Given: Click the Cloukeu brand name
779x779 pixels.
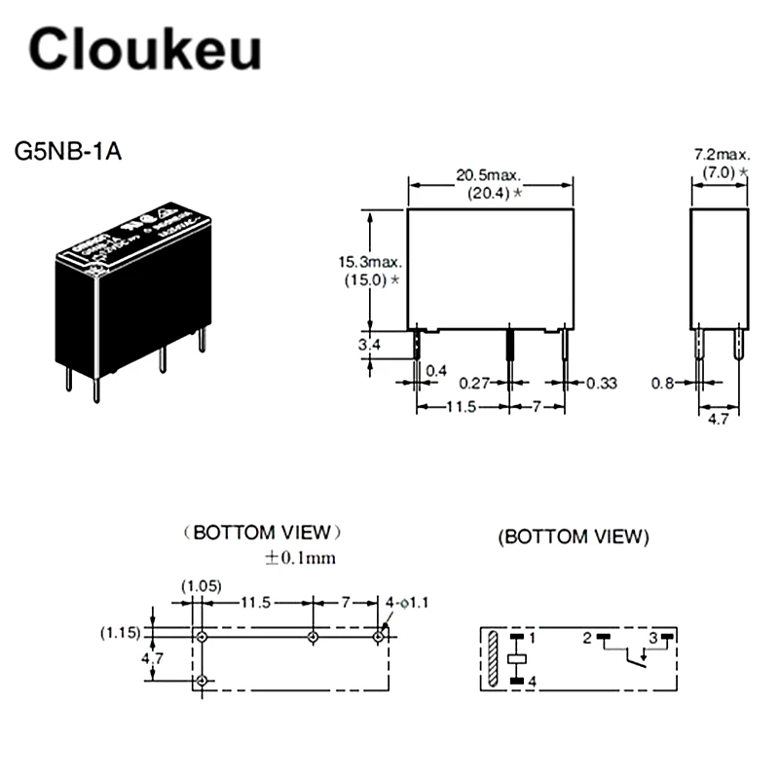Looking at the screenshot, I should (x=144, y=48).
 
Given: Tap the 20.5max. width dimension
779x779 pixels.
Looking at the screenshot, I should (x=489, y=175).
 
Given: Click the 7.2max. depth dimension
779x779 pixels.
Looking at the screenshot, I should (x=721, y=155).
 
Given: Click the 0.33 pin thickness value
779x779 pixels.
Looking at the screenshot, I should (x=602, y=383).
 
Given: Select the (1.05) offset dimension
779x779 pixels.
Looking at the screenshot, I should (x=202, y=586).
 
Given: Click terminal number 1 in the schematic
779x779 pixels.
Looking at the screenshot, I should (x=532, y=639).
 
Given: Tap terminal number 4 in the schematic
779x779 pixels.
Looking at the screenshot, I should (x=532, y=682).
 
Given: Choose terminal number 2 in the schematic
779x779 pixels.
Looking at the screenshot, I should (x=587, y=639).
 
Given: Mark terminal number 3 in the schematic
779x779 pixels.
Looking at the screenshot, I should (x=654, y=639).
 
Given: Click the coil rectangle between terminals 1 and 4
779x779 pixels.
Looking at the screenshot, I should (x=518, y=660).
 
